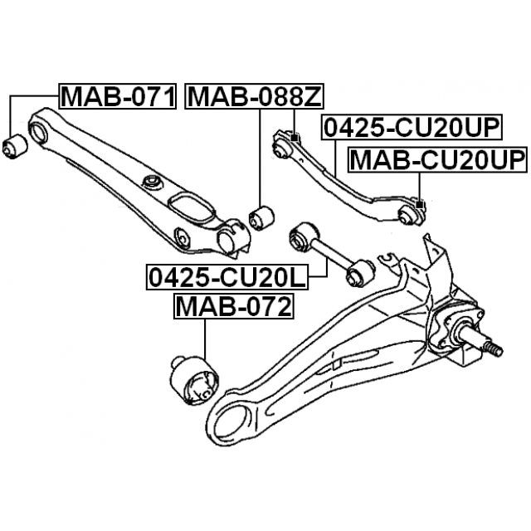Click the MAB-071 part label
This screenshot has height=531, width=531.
pos(118,96)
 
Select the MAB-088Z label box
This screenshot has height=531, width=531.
pos(254,96)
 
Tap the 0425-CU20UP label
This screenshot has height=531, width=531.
pos(412,127)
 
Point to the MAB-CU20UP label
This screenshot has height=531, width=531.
pos(437,160)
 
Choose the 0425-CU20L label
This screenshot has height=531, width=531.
pos(227,277)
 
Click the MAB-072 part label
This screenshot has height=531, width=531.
pos(234,306)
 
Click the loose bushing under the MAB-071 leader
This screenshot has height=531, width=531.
pos(15,146)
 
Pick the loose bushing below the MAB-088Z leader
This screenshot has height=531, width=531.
pos(261,217)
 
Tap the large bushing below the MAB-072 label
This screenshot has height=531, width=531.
pos(194,380)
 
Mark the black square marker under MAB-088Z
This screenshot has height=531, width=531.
pos(295,138)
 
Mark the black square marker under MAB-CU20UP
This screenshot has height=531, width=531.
pos(420,205)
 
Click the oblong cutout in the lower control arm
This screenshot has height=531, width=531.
pos(192,208)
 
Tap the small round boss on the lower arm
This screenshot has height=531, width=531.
pos(152,183)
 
